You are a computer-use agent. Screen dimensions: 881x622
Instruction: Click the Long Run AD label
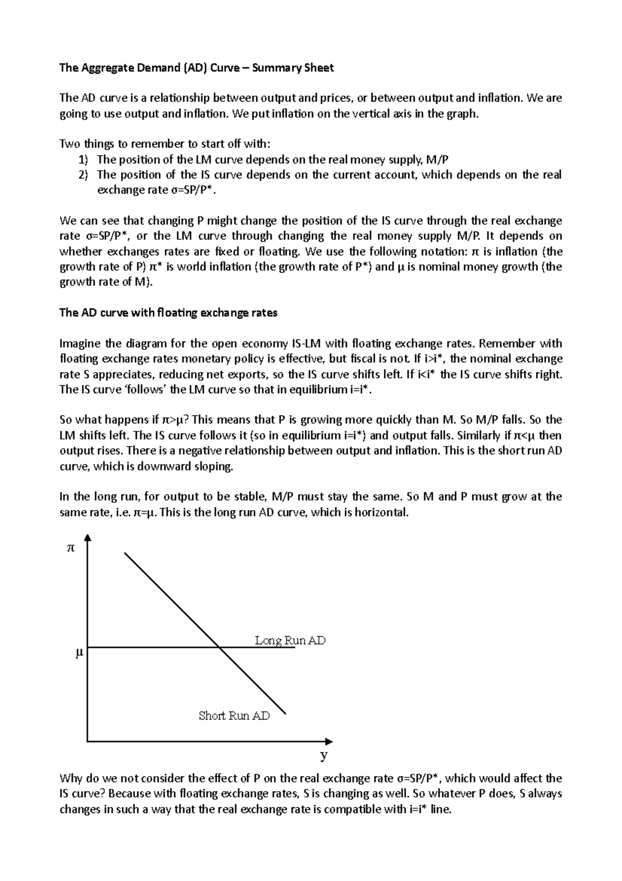pyautogui.click(x=290, y=640)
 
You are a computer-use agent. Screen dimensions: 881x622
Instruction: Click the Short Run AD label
pyautogui.click(x=234, y=716)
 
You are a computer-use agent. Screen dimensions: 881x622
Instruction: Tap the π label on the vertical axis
pyautogui.click(x=71, y=547)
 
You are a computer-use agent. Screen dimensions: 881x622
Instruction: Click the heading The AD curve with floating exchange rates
pyautogui.click(x=168, y=313)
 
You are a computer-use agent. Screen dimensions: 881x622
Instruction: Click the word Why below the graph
pyautogui.click(x=70, y=778)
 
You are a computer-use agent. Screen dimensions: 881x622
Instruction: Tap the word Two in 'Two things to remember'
pyautogui.click(x=69, y=144)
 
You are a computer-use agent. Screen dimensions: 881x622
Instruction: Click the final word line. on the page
pyautogui.click(x=441, y=809)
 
